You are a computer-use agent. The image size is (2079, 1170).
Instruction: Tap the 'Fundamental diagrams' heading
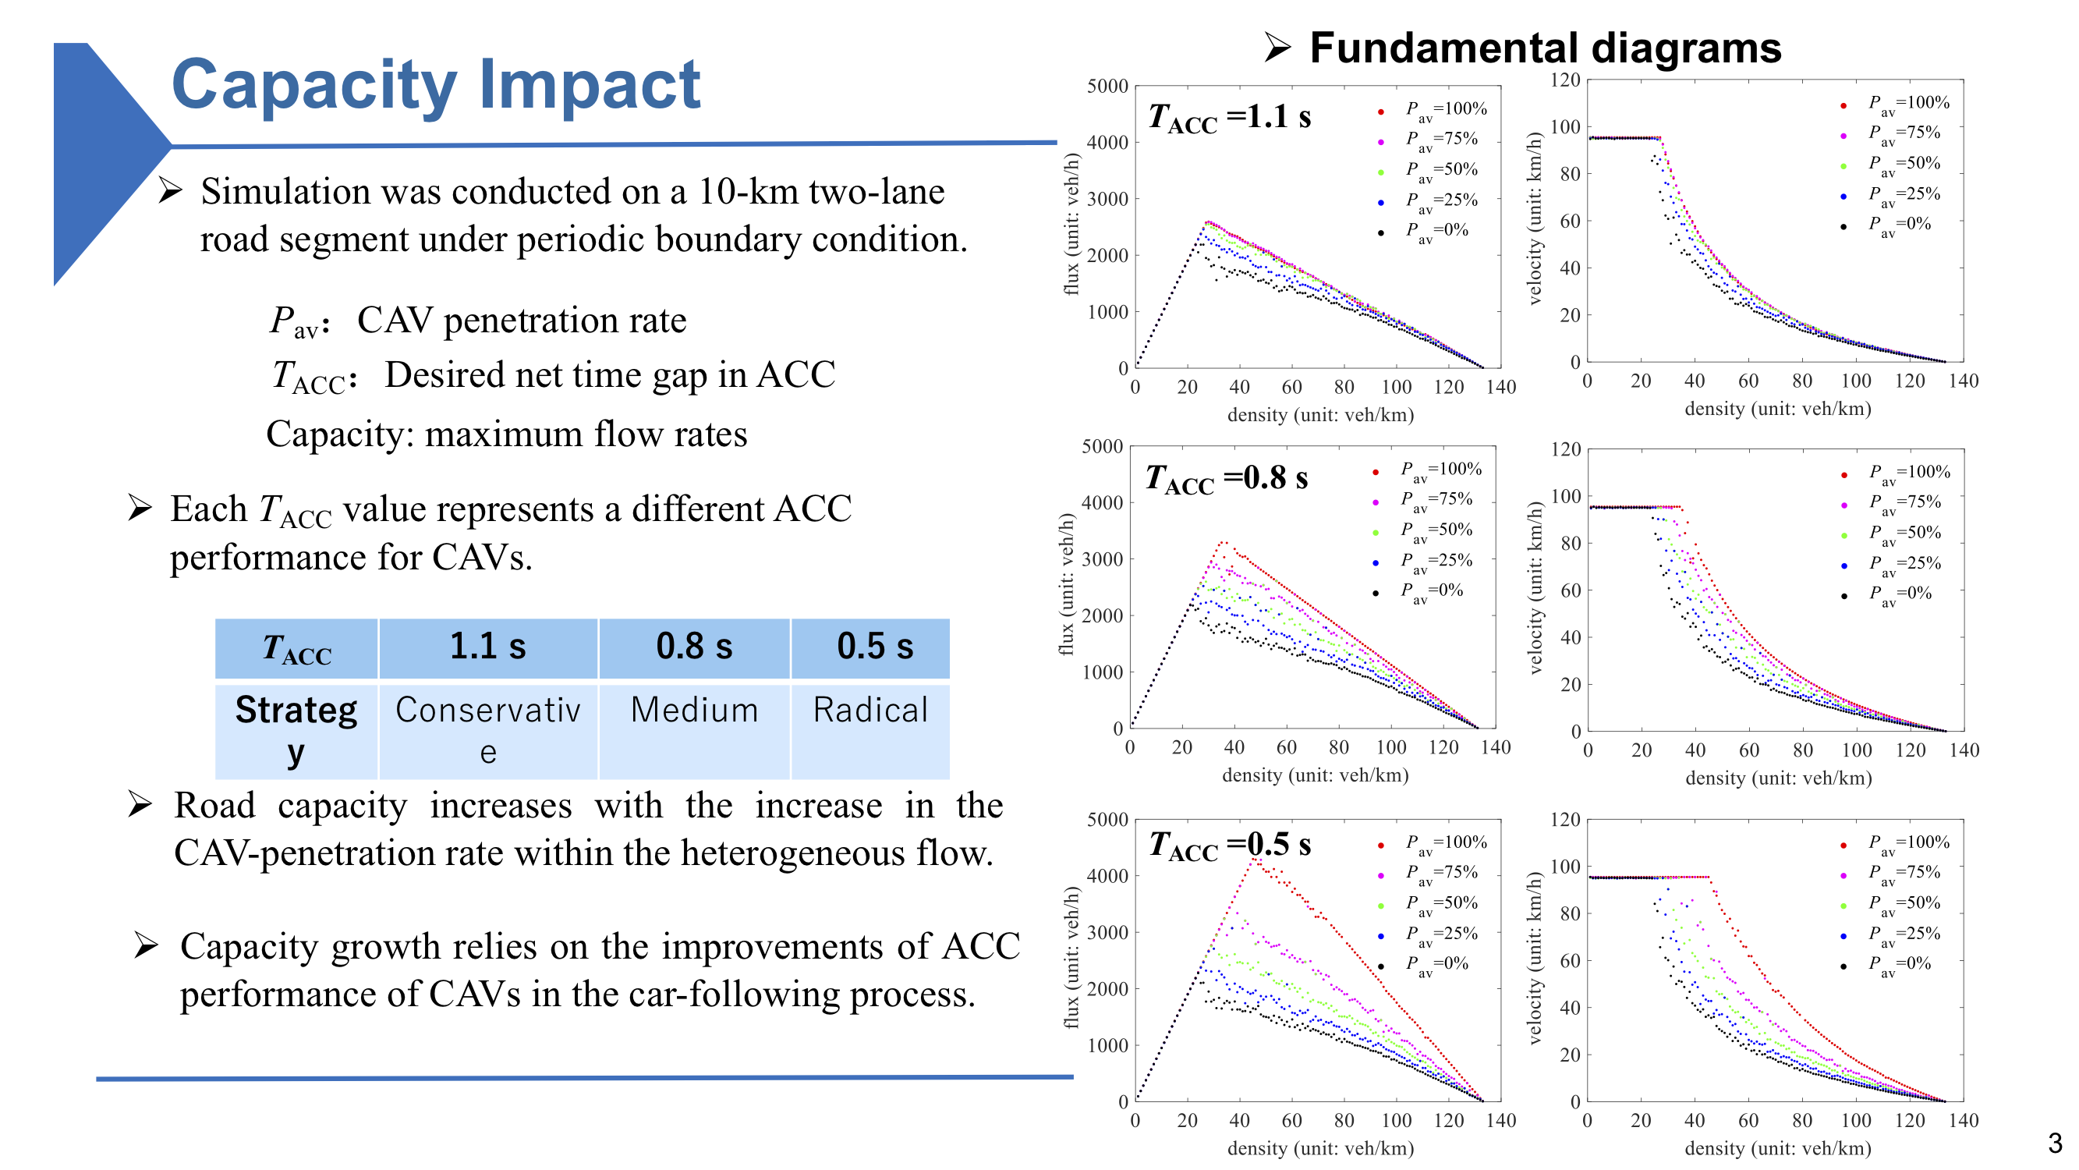pyautogui.click(x=1544, y=48)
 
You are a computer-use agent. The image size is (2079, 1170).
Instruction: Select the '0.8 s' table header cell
pyautogui.click(x=694, y=647)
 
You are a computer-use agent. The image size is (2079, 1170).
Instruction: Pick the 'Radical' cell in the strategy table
pyautogui.click(x=870, y=711)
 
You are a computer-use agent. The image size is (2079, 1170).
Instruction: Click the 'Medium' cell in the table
pyautogui.click(x=694, y=711)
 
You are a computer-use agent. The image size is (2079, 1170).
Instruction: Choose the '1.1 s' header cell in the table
pyautogui.click(x=487, y=647)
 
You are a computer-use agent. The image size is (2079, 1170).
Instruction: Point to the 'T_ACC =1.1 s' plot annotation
pyautogui.click(x=1229, y=118)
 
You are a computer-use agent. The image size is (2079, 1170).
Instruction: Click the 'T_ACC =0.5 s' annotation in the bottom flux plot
pyautogui.click(x=1229, y=846)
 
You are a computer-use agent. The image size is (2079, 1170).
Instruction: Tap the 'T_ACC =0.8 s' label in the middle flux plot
pyautogui.click(x=1226, y=479)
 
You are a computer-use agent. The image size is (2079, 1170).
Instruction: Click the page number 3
pyautogui.click(x=2054, y=1143)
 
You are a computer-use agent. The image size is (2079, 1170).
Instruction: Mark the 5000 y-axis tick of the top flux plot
pyautogui.click(x=1107, y=86)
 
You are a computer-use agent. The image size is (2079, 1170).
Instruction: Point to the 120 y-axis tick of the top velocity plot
pyautogui.click(x=1565, y=79)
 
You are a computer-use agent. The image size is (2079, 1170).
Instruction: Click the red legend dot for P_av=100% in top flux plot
pyautogui.click(x=1381, y=112)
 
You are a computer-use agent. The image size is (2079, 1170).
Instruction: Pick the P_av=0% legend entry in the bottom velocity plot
pyautogui.click(x=1899, y=964)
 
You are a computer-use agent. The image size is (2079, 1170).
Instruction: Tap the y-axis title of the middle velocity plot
pyautogui.click(x=1535, y=588)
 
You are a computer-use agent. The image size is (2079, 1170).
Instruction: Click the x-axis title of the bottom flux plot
pyautogui.click(x=1320, y=1148)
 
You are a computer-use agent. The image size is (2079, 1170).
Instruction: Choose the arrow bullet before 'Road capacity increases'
pyautogui.click(x=140, y=804)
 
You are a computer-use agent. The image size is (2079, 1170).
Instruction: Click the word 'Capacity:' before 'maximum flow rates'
pyautogui.click(x=339, y=434)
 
